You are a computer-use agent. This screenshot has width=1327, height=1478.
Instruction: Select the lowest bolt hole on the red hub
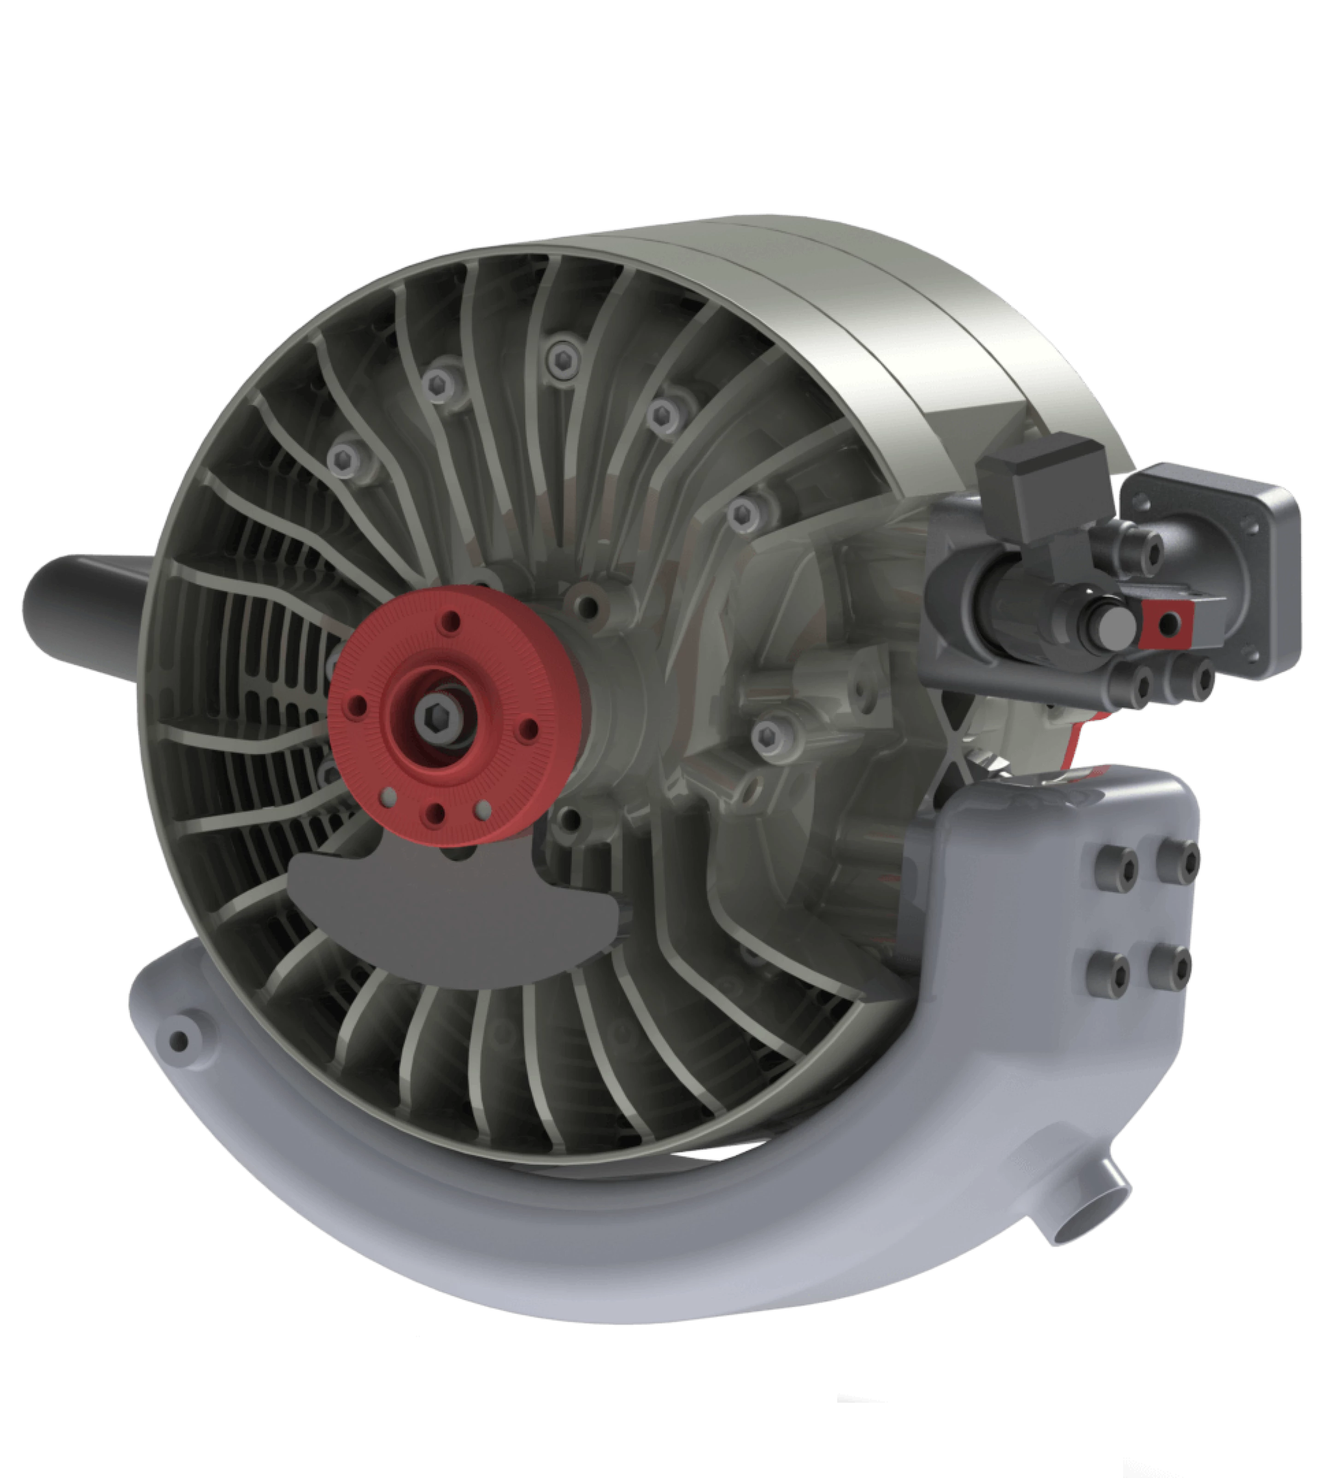click(x=435, y=813)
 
